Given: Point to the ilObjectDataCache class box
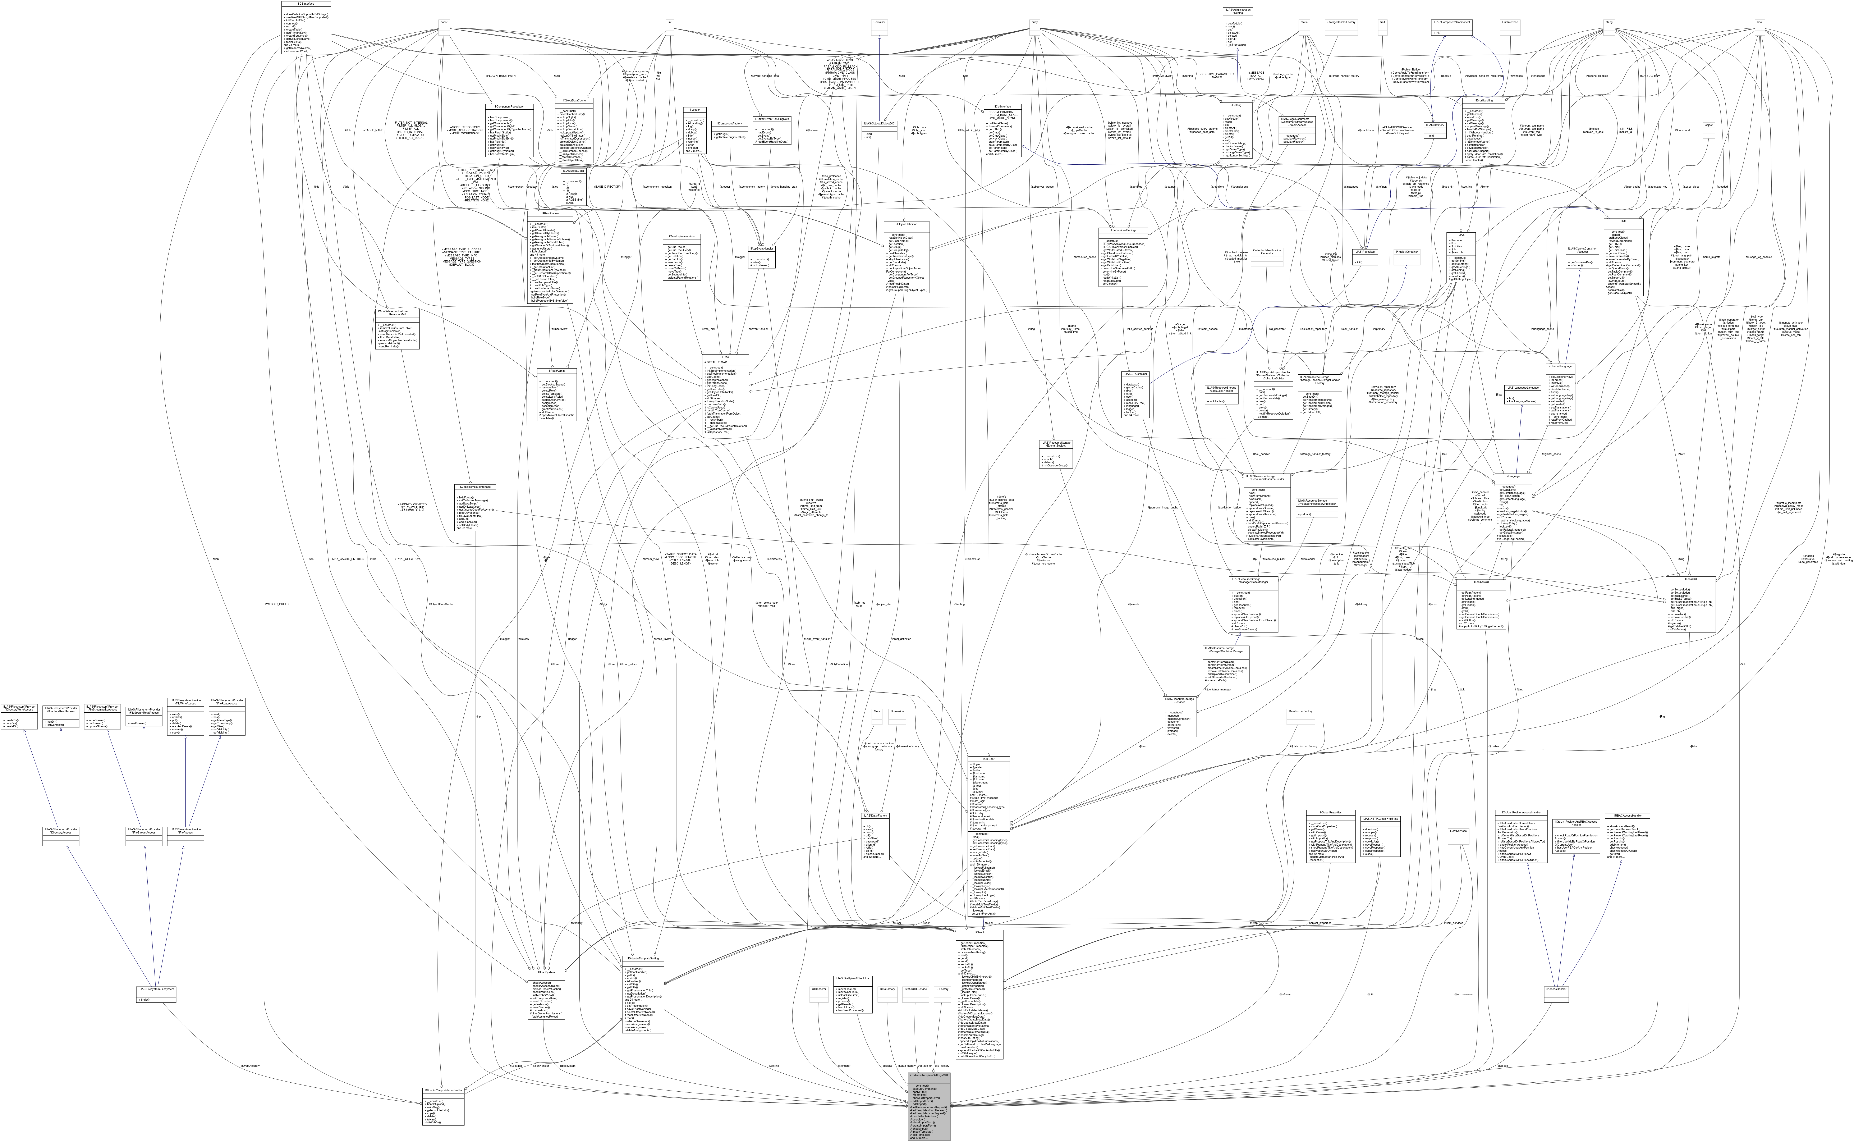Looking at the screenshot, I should [574, 100].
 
